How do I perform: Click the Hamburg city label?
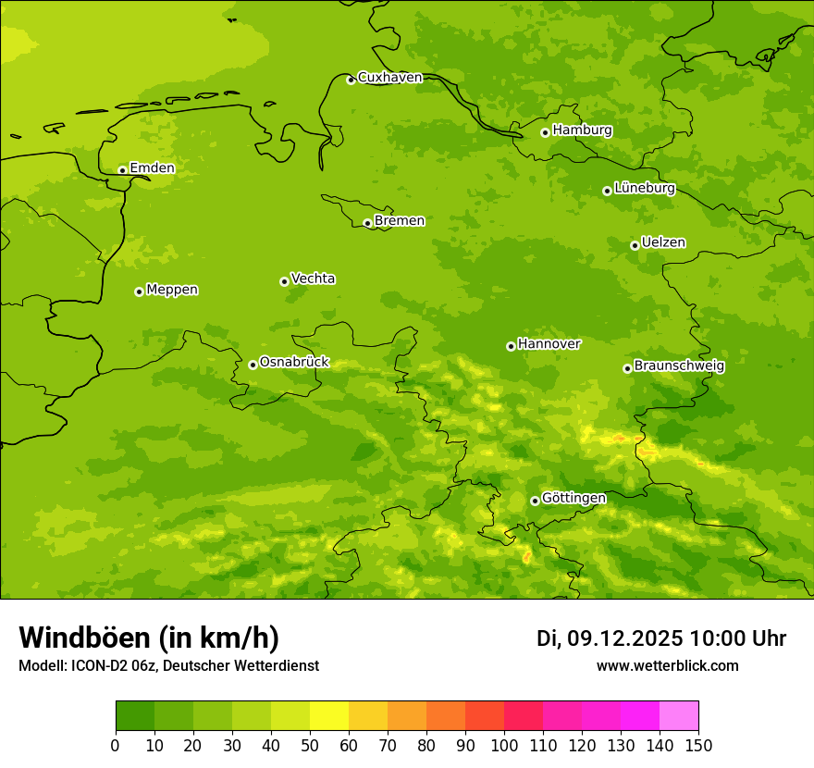(582, 130)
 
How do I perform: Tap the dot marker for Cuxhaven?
(351, 80)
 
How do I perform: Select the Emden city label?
(152, 168)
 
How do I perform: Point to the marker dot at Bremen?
(367, 223)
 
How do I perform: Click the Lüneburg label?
(644, 188)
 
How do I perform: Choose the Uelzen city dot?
(635, 245)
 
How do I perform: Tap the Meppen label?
(172, 290)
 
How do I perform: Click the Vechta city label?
(313, 279)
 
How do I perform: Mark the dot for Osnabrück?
(253, 365)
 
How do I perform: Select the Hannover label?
(549, 344)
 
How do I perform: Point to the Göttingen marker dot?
(535, 501)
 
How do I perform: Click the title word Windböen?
(83, 638)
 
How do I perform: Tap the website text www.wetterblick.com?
(667, 665)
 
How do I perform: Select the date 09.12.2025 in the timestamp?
(624, 638)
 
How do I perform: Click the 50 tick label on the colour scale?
(310, 745)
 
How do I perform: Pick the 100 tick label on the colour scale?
(504, 745)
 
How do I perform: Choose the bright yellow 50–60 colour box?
(329, 716)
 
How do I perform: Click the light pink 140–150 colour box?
(679, 716)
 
